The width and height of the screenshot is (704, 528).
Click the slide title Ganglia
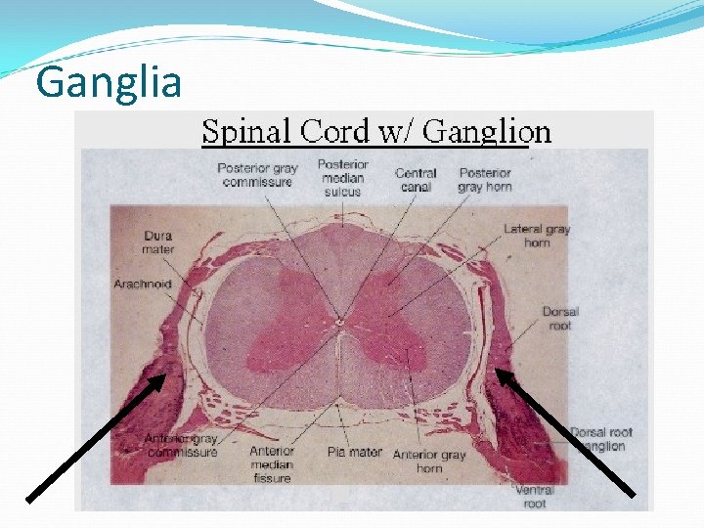[x=109, y=82]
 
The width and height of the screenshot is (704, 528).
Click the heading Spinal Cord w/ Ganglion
[x=376, y=131]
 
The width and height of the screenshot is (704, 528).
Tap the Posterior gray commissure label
[x=257, y=175]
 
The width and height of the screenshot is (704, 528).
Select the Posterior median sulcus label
[x=342, y=177]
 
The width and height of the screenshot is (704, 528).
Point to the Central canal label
[x=416, y=180]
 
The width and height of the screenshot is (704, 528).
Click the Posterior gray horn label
[x=485, y=180]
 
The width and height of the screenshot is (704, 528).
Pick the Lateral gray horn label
[x=537, y=236]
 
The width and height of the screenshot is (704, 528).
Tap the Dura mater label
[x=157, y=242]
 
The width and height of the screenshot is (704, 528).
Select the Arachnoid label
[x=143, y=285]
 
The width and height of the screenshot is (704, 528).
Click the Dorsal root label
[x=560, y=319]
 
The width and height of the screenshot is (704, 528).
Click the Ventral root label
[x=535, y=497]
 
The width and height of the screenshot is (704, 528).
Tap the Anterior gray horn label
[x=429, y=462]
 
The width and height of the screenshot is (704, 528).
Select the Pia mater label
[x=353, y=453]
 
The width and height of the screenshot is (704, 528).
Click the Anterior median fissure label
[x=272, y=464]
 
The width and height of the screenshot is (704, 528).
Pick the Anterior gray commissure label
[x=181, y=445]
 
